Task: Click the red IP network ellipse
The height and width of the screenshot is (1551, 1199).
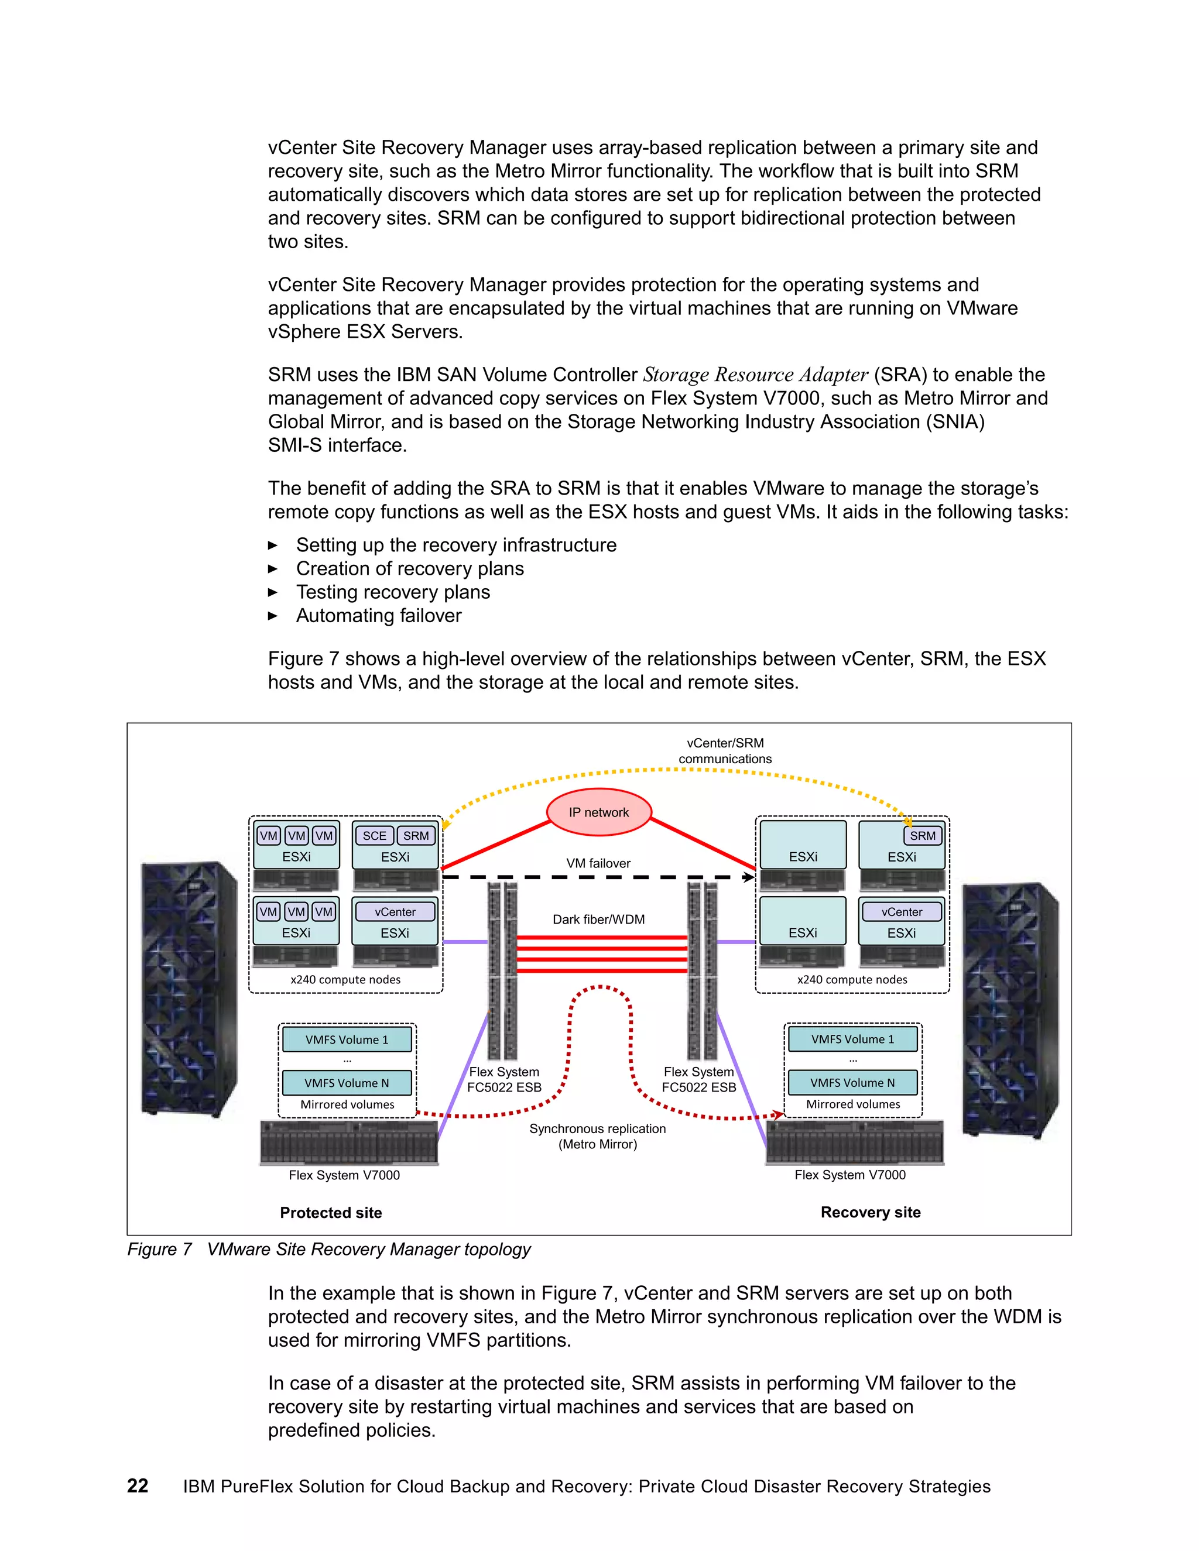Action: (x=598, y=812)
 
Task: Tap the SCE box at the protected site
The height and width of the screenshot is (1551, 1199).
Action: (x=374, y=836)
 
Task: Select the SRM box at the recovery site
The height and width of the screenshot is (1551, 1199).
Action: (x=922, y=836)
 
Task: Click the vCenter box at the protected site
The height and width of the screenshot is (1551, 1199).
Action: (x=395, y=912)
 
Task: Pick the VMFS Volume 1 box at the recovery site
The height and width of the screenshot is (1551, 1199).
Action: (x=852, y=1039)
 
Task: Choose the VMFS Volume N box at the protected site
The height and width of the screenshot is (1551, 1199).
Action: (x=347, y=1083)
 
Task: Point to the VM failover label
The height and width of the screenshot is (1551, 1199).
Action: (x=598, y=863)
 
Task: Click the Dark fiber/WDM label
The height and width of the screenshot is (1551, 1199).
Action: (x=598, y=919)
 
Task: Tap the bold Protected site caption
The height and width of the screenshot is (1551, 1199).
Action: (x=331, y=1213)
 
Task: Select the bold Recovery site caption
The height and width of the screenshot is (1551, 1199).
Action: (x=870, y=1212)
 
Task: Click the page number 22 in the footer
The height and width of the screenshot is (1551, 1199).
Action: (x=137, y=1487)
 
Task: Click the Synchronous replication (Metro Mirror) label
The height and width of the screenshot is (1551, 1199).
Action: (x=597, y=1136)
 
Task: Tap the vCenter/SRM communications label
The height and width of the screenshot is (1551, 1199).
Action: (x=725, y=751)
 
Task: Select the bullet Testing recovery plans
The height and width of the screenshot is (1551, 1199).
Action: (x=393, y=592)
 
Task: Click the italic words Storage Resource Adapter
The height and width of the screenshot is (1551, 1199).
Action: (x=755, y=375)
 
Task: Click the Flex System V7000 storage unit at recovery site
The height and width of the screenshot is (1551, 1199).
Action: (x=855, y=1142)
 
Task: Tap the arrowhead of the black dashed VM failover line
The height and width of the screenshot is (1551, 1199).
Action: (x=749, y=878)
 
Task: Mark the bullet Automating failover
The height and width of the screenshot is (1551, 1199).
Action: (x=379, y=616)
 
